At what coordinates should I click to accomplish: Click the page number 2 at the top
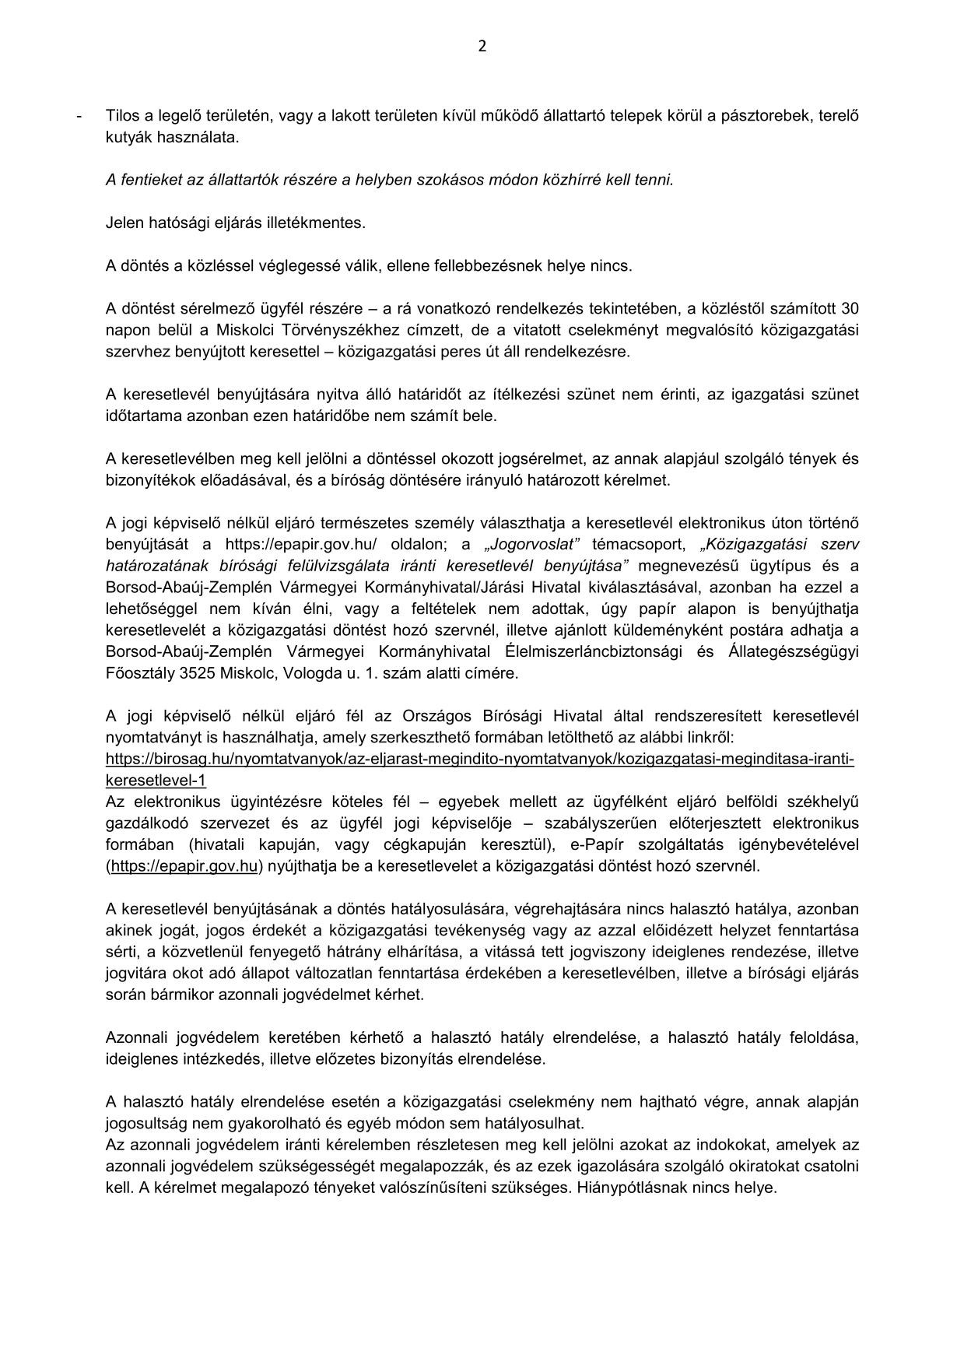pos(482,46)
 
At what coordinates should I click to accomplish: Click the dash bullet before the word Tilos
pos(79,116)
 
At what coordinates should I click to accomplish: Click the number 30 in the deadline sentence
pos(850,308)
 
